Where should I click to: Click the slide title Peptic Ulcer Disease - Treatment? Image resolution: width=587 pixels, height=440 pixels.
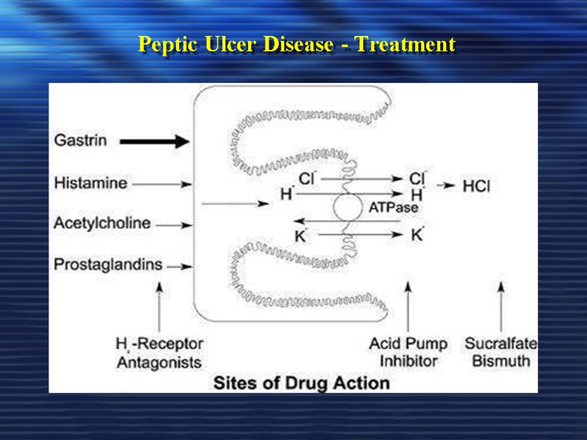tap(296, 45)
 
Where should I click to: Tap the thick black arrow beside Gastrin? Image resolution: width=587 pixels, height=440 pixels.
tap(153, 142)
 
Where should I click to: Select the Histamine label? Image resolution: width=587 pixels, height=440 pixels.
tap(90, 183)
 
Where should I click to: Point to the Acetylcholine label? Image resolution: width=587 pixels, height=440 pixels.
tap(102, 223)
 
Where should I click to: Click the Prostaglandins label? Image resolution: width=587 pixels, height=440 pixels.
tap(108, 265)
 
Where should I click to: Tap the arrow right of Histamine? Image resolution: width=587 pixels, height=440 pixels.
tap(172, 184)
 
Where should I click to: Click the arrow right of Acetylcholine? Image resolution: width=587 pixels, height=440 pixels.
tap(175, 224)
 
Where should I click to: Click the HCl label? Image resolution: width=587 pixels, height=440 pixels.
tap(476, 186)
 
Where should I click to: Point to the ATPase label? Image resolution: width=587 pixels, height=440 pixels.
tap(393, 208)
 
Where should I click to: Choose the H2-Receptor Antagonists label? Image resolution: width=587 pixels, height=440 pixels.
tap(159, 352)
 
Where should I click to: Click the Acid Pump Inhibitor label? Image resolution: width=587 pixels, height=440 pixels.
tap(408, 352)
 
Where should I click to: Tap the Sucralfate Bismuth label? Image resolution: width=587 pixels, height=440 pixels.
tap(501, 352)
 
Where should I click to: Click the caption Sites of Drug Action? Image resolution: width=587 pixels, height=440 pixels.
tap(301, 383)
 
